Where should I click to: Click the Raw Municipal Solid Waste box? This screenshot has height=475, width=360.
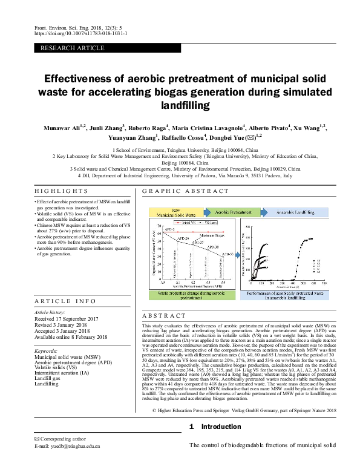point(175,213)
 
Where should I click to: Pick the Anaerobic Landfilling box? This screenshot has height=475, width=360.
point(296,212)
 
